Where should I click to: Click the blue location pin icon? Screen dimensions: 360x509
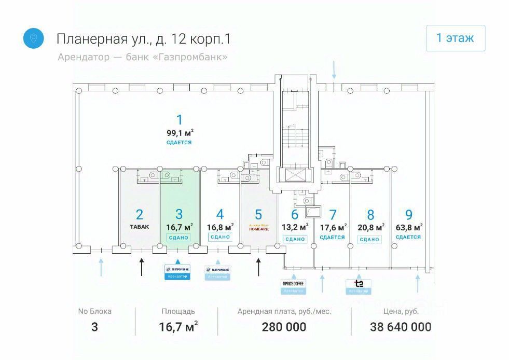pos(33,38)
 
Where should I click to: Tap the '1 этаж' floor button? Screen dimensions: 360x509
pos(456,38)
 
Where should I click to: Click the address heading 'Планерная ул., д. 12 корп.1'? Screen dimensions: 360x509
pos(143,39)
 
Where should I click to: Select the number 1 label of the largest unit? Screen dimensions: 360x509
pos(180,120)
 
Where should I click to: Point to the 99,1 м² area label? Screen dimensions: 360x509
pos(180,132)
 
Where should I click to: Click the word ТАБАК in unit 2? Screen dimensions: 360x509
pos(139,227)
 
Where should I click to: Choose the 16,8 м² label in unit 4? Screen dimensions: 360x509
pos(220,226)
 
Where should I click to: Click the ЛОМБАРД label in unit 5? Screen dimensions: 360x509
pos(259,228)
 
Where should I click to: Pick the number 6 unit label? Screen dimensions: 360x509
pos(295,214)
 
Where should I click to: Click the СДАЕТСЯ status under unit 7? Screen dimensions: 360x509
pos(333,238)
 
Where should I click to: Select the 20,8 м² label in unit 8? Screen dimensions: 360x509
pos(370,227)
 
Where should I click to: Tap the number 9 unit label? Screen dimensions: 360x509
pos(409,214)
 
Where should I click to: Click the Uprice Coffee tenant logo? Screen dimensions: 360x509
pos(294,283)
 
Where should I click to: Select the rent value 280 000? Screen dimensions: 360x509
pos(284,327)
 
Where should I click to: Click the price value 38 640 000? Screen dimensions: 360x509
pos(401,327)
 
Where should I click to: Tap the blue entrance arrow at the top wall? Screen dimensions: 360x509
pos(334,70)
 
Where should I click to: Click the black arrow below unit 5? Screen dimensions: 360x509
pos(259,267)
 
